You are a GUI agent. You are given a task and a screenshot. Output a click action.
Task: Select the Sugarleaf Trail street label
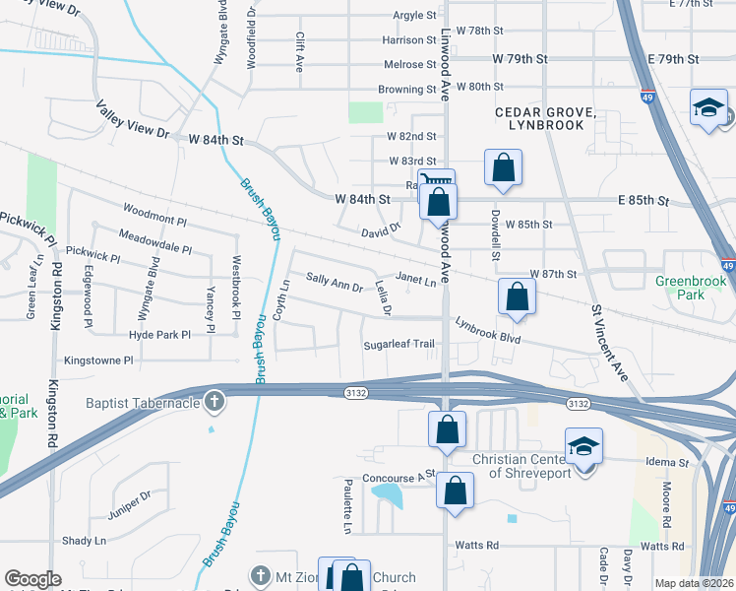pyautogui.click(x=399, y=345)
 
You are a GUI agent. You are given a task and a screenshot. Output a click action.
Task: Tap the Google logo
pyautogui.click(x=32, y=579)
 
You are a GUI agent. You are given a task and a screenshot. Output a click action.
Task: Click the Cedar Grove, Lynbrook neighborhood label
pyautogui.click(x=546, y=119)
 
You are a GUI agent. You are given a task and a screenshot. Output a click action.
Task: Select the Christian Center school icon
pyautogui.click(x=583, y=448)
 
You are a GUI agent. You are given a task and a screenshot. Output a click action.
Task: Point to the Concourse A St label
pyautogui.click(x=399, y=477)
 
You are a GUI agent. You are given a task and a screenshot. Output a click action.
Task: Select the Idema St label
pyautogui.click(x=668, y=462)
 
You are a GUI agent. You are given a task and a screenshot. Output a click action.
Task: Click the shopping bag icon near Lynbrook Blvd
pyautogui.click(x=517, y=296)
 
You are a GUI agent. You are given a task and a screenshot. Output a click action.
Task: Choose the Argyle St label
pyautogui.click(x=414, y=16)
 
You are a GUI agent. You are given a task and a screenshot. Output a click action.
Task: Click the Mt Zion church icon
pyautogui.click(x=260, y=575)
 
